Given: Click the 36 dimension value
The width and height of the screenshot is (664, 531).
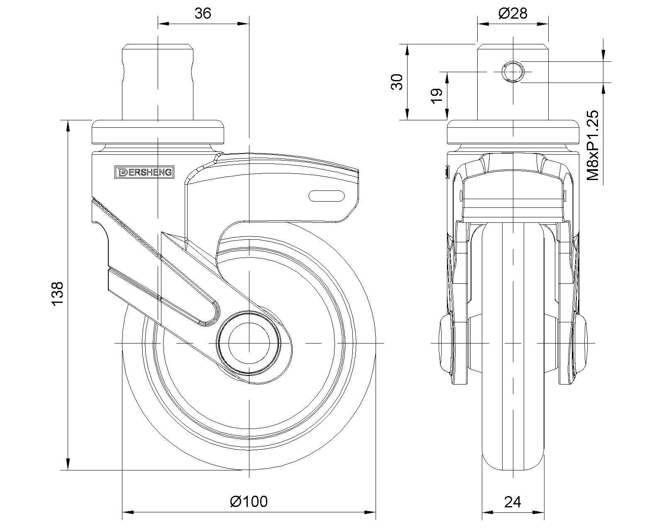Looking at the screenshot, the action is [203, 13].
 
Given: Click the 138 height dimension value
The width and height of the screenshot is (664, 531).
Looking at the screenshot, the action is [57, 294].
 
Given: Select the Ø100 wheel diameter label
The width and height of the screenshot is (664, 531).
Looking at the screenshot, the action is [249, 510].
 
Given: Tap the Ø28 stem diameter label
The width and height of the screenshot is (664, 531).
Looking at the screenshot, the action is [513, 13].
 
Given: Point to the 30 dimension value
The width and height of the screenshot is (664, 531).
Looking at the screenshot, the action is [397, 82].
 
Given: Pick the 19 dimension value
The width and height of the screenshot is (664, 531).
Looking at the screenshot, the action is [437, 96].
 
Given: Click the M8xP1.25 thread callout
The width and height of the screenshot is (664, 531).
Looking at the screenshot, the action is [593, 145].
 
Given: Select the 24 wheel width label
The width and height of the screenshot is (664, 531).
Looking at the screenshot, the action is [513, 511].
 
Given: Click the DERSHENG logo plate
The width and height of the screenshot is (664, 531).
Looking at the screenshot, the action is [144, 172].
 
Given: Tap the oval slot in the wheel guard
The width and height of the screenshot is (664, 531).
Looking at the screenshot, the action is [327, 196].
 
